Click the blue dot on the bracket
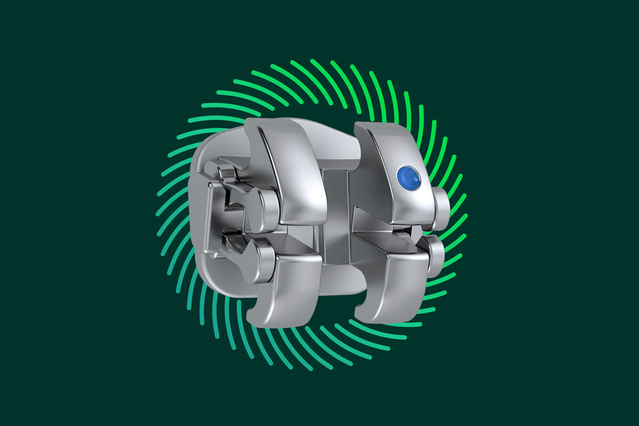[x=408, y=178]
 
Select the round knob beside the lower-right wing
[x=434, y=255]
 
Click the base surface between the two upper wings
[x=334, y=140]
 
